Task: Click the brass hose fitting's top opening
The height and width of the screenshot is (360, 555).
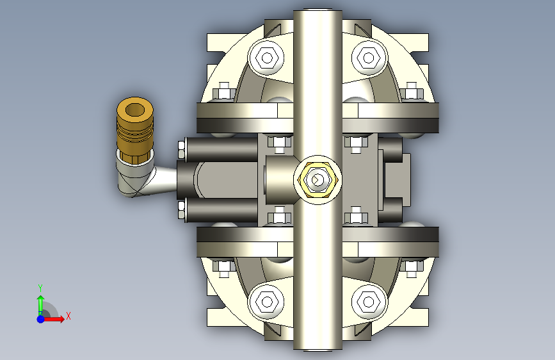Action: [135, 110]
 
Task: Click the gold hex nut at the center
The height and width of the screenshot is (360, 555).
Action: [318, 179]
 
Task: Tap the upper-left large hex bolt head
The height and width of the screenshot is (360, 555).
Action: [267, 58]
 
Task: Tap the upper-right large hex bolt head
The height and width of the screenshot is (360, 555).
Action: [369, 58]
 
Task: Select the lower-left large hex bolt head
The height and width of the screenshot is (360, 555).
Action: [267, 302]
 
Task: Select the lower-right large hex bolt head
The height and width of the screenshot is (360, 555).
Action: [369, 302]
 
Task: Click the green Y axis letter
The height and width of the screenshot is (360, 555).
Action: [40, 288]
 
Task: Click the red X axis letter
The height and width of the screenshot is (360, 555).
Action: [68, 316]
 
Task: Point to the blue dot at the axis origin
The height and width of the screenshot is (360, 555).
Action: [41, 319]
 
